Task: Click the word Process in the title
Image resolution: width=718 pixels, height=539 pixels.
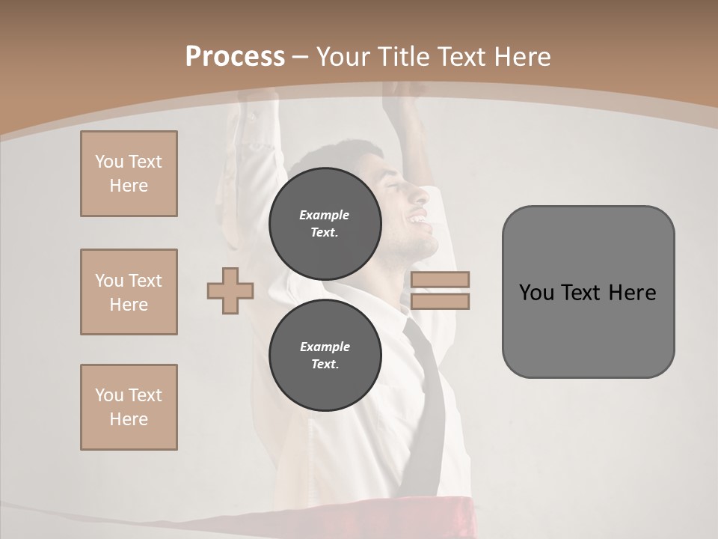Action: [235, 57]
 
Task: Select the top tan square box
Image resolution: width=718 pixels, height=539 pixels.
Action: [129, 174]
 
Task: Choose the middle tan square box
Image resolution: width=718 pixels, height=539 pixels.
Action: [129, 292]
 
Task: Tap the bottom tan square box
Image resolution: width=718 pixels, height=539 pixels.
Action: [129, 407]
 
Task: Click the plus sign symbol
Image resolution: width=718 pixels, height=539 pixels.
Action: [230, 290]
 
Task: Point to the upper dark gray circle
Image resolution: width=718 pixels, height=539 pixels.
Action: [325, 224]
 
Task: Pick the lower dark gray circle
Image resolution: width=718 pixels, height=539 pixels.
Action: [325, 356]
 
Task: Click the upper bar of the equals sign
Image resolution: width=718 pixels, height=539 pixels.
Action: [440, 279]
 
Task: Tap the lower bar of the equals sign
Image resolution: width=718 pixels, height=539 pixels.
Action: [440, 301]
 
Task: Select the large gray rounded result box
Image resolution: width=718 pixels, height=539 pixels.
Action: [588, 329]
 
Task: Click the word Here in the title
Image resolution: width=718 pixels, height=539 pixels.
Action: [523, 57]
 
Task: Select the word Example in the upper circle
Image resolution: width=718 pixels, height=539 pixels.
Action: [325, 215]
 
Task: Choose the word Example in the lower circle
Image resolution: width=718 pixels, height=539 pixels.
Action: [325, 347]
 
